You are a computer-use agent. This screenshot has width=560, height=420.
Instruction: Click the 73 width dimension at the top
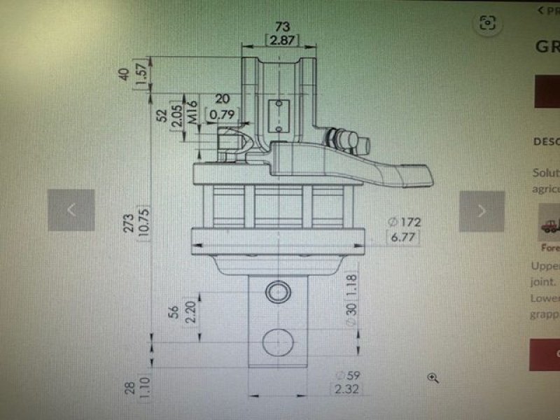[x=282, y=26]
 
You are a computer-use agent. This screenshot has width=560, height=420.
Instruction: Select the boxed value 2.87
[x=282, y=41]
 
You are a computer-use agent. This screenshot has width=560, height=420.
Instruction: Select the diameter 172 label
[x=404, y=222]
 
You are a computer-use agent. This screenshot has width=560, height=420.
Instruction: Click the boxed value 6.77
[x=404, y=237]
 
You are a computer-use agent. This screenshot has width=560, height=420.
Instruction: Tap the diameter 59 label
[x=348, y=375]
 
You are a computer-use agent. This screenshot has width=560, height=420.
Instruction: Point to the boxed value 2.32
[x=348, y=388]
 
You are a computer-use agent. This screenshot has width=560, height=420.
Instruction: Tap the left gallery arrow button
[x=71, y=210]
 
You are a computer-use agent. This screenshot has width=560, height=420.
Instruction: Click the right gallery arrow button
[x=482, y=210]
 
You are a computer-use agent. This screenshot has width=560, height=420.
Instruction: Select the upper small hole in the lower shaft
[x=279, y=290]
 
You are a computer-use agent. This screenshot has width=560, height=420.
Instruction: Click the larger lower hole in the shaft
[x=278, y=342]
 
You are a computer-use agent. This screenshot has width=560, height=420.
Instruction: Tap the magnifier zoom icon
[x=433, y=377]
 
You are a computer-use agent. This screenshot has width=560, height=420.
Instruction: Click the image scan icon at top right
[x=487, y=23]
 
